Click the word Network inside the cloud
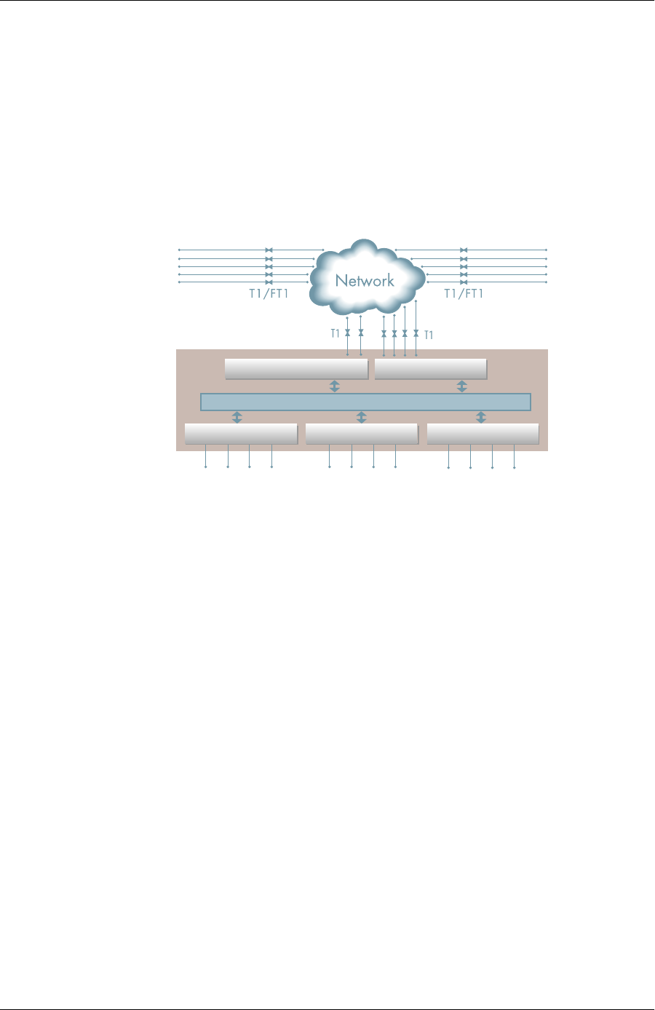[365, 281]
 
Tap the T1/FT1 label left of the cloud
[269, 294]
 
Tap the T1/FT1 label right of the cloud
[464, 294]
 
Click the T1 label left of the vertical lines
[336, 334]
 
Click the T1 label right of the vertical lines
[429, 335]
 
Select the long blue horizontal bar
[365, 402]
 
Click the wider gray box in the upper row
[296, 368]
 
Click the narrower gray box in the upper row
[430, 368]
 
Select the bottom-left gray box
[241, 434]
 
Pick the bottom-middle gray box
[362, 434]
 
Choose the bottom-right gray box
[483, 434]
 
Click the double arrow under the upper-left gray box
[334, 386]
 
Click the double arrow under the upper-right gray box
[461, 386]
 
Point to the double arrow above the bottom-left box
[237, 417]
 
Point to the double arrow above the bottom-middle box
[361, 417]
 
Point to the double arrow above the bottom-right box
[480, 417]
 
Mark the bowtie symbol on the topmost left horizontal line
[269, 250]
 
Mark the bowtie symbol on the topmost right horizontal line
[464, 250]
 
